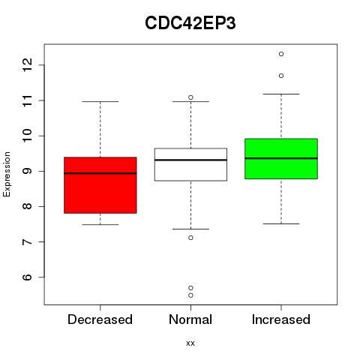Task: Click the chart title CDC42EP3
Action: click(x=190, y=23)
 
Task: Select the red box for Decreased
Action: click(x=100, y=185)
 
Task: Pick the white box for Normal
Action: click(x=190, y=164)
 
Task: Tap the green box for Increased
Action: click(x=281, y=159)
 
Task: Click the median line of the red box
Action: click(x=100, y=173)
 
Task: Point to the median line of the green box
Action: click(x=281, y=158)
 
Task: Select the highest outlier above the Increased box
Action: click(x=281, y=54)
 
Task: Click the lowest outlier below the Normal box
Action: click(x=190, y=295)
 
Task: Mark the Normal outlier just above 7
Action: click(x=190, y=238)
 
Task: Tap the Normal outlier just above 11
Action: click(x=190, y=97)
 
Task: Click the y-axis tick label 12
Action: click(x=27, y=64)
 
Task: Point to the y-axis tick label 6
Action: click(x=27, y=277)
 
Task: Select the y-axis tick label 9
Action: click(x=27, y=171)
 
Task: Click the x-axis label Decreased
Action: click(x=100, y=319)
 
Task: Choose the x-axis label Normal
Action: click(x=190, y=319)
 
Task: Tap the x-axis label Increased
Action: click(x=281, y=319)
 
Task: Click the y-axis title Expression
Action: click(x=7, y=174)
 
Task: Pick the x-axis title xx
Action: click(x=190, y=343)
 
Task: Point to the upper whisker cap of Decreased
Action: click(x=100, y=102)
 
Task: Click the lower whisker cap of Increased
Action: click(x=281, y=223)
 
